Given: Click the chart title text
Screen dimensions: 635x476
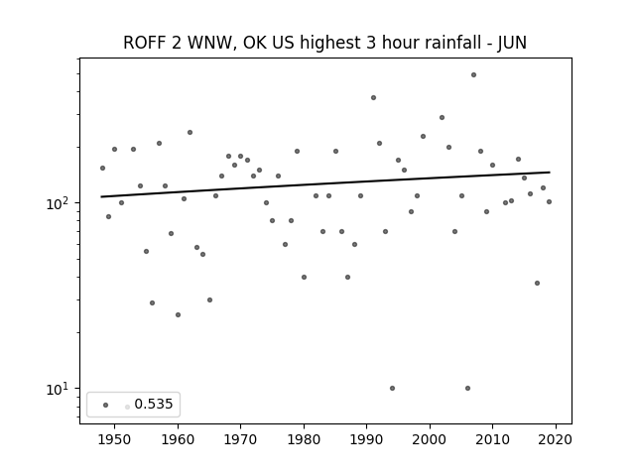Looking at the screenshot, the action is pos(324,43).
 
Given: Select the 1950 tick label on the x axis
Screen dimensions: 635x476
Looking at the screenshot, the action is pos(115,439).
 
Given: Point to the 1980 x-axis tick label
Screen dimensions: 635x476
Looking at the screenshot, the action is pos(304,439).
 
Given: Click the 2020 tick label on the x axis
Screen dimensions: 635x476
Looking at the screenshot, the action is pos(556,439).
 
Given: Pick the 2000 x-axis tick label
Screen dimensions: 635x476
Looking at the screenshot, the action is pos(430,439).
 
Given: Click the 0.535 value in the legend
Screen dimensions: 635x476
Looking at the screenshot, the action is pos(154,404).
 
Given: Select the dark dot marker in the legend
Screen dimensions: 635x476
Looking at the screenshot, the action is pos(106,405).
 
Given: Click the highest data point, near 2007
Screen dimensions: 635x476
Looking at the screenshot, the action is pos(474,75).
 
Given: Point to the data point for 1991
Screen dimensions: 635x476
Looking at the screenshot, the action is pos(373,97).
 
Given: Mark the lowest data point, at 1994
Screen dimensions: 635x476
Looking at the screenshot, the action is pos(392,388).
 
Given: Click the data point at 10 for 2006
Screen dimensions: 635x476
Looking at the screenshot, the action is pos(467,388).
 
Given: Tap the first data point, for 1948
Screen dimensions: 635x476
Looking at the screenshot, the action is pos(102,168).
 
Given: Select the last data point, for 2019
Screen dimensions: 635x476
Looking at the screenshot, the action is pos(549,201).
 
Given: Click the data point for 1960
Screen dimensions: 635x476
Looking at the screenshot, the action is pos(179,315).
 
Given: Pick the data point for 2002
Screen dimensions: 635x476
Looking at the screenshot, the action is pos(442,117).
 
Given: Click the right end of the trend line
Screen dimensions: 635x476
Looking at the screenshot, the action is pos(550,173).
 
